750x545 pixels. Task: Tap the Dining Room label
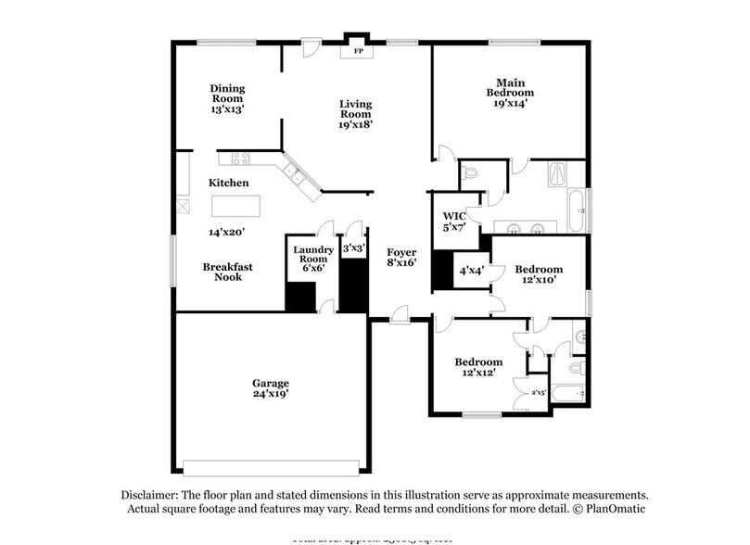[x=226, y=98]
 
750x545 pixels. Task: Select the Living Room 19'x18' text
[x=355, y=114]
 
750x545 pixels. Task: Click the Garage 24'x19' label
[x=271, y=388]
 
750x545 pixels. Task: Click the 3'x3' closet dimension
[x=352, y=248]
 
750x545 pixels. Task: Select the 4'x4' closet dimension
[x=472, y=272]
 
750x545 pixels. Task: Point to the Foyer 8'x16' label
[x=401, y=257]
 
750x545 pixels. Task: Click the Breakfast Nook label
[x=227, y=272]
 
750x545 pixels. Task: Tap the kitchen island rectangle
[x=235, y=205]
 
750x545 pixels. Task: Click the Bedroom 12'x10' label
[x=540, y=275]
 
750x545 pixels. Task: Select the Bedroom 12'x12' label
[x=477, y=367]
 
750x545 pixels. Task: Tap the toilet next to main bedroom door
[x=470, y=173]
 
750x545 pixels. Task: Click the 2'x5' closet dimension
[x=539, y=392]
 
